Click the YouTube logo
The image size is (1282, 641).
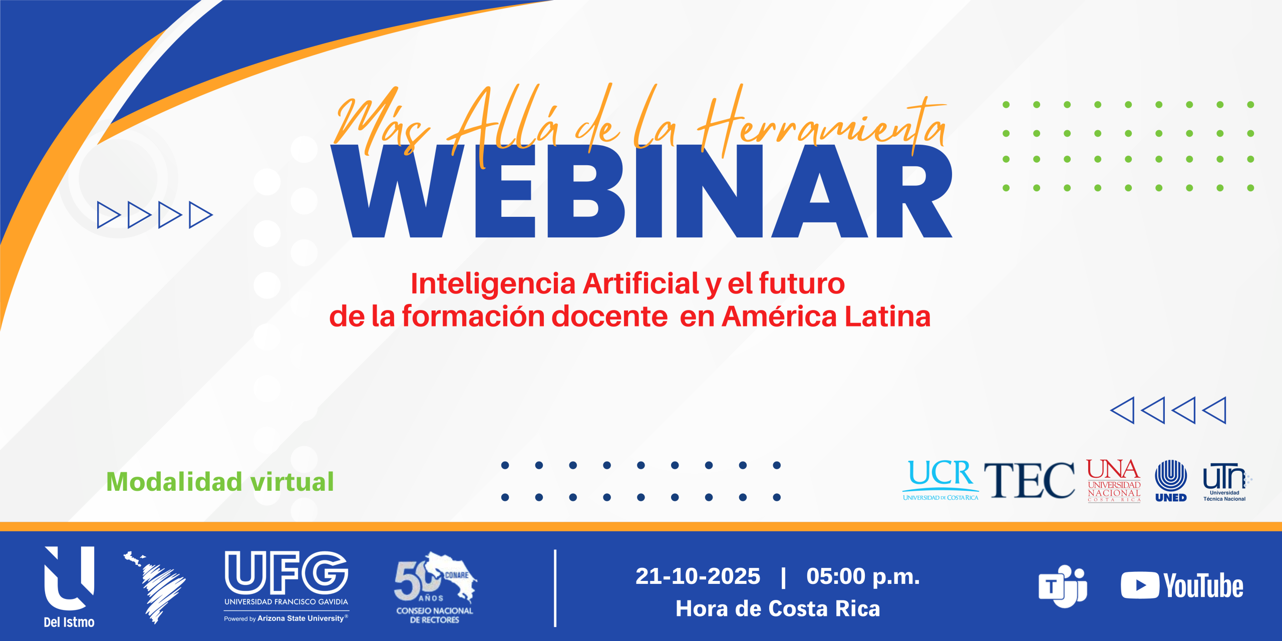click(x=1182, y=585)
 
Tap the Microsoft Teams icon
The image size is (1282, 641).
click(x=1063, y=586)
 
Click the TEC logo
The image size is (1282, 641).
click(x=1029, y=480)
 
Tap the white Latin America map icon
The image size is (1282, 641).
click(x=154, y=587)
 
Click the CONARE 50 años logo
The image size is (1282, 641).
click(x=435, y=587)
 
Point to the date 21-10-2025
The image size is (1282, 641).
click(x=698, y=576)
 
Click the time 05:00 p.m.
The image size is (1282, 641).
click(x=863, y=576)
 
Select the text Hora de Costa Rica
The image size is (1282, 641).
click(x=778, y=609)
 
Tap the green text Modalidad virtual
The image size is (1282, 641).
click(x=220, y=482)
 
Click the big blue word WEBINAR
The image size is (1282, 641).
click(x=642, y=191)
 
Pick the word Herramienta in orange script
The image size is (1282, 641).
click(x=821, y=123)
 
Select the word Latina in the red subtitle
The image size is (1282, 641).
click(x=887, y=317)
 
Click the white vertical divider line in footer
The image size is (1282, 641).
click(x=555, y=588)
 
